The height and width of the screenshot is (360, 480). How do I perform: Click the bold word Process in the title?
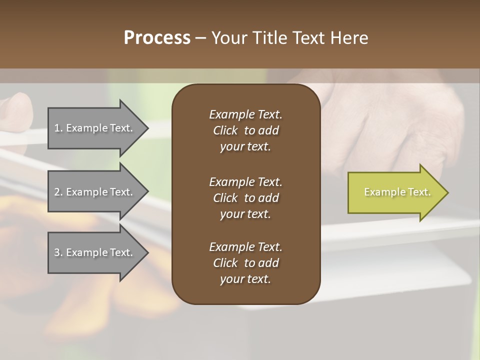click(157, 38)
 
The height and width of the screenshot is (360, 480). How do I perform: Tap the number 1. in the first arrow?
click(58, 128)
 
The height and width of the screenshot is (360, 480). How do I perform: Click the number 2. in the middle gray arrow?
click(58, 192)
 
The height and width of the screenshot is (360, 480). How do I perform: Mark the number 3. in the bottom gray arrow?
click(58, 252)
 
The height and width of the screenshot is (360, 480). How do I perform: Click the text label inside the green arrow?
click(397, 192)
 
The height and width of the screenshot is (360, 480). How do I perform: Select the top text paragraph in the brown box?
click(245, 130)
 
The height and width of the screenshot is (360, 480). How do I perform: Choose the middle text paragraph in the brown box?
click(245, 197)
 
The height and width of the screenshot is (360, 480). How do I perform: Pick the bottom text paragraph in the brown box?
click(245, 263)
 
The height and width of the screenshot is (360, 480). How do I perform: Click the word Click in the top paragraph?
click(225, 130)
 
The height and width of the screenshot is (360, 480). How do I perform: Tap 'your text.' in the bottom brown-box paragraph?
click(245, 279)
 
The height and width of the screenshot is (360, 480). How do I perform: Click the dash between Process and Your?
click(201, 38)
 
